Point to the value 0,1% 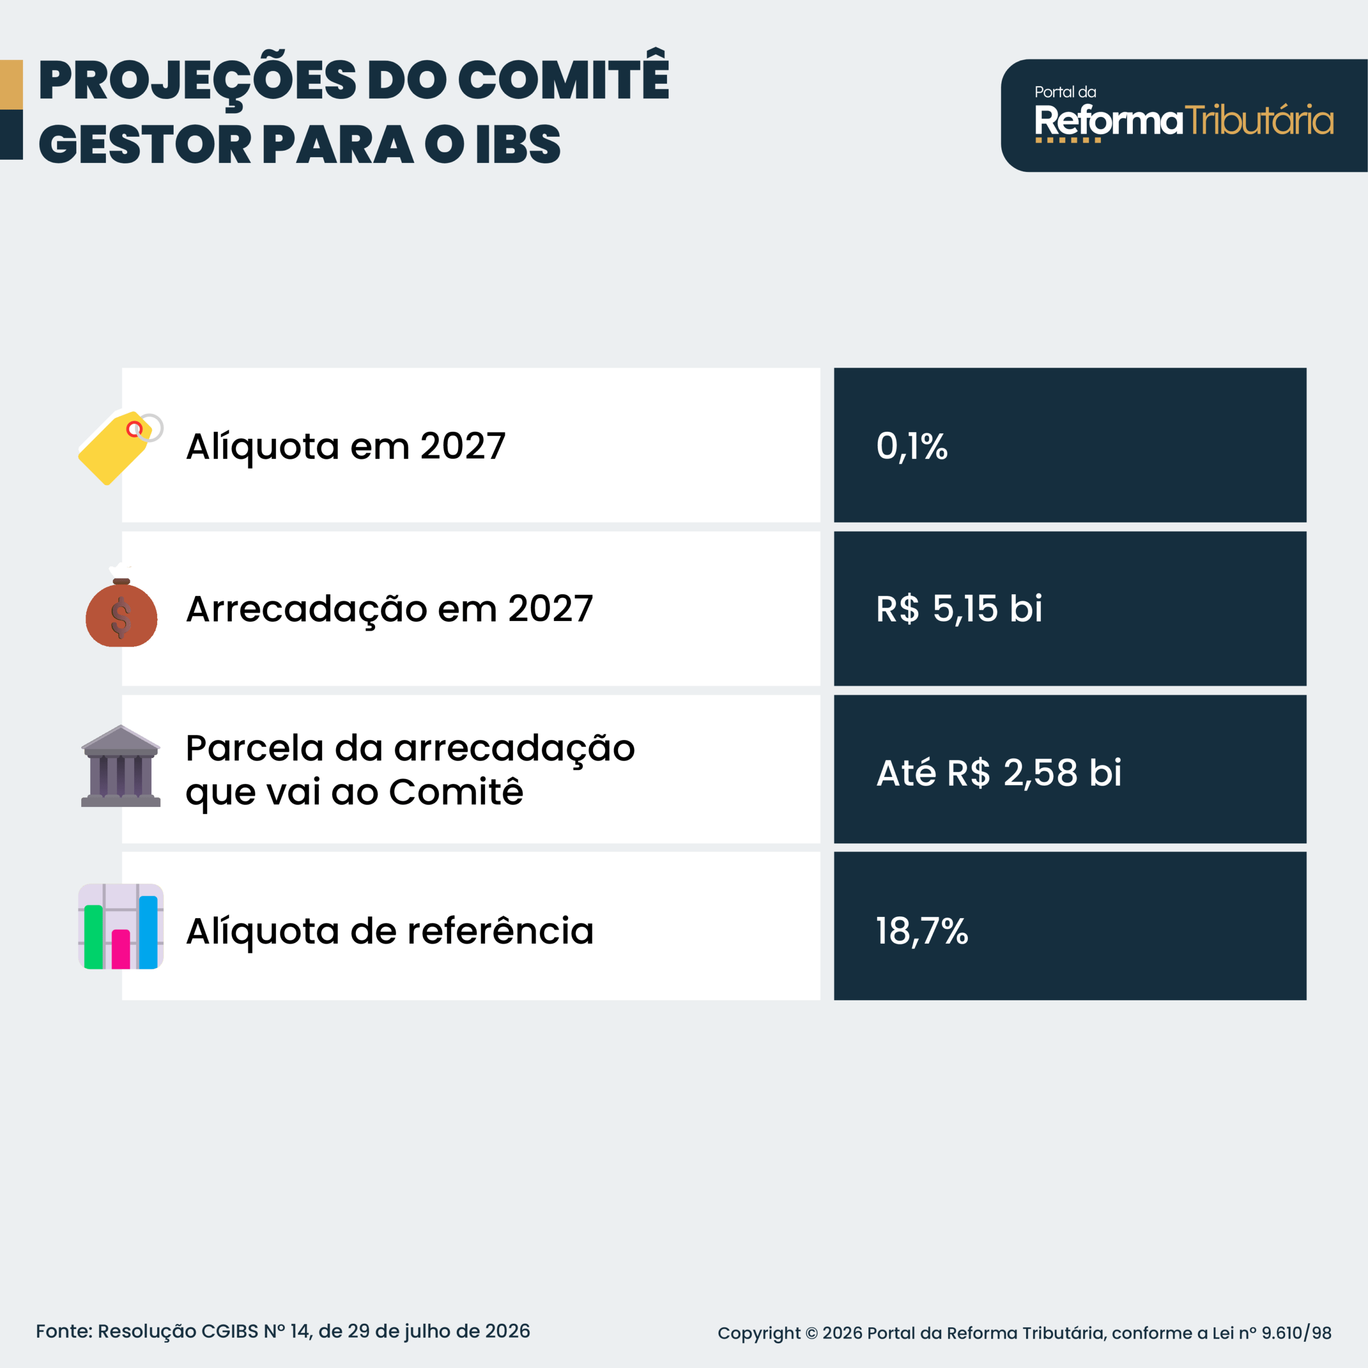[911, 447]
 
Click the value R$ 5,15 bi [959, 608]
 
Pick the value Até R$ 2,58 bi [998, 772]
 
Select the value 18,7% [922, 931]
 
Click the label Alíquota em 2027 [346, 447]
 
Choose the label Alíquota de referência [390, 931]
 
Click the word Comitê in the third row [456, 791]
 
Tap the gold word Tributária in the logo [1259, 120]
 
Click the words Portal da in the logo [1065, 92]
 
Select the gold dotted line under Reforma [1068, 140]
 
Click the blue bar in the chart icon [148, 932]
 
